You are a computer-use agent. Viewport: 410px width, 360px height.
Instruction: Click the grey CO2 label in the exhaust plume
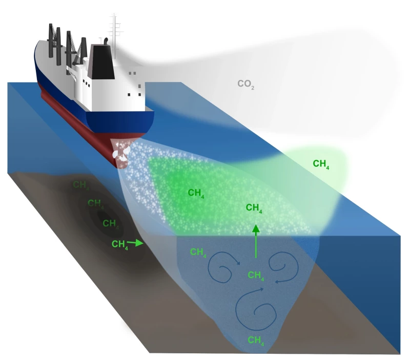[x=246, y=84]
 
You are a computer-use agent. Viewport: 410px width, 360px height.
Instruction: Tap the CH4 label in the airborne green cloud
[x=321, y=164]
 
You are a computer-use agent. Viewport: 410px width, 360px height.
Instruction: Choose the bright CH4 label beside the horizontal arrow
[x=120, y=244]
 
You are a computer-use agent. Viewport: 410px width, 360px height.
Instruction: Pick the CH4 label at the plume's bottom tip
[x=256, y=340]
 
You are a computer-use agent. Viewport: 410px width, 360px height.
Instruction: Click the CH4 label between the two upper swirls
[x=256, y=276]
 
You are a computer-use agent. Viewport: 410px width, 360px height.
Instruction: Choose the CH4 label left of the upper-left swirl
[x=199, y=252]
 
